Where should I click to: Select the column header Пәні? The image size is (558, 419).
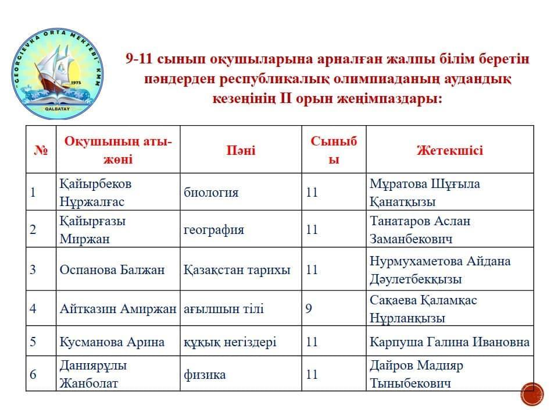coord(241,150)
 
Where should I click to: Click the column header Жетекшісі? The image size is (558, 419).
coord(449,150)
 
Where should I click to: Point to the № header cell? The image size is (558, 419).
coord(41,150)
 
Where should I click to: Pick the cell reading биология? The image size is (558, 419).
coord(211,193)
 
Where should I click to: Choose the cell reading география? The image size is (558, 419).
coord(214,230)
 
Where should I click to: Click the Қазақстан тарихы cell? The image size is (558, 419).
coord(237,270)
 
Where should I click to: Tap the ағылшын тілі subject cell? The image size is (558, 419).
coord(224,309)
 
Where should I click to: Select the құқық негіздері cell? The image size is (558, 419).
coord(230,342)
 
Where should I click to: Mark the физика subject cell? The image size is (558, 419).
coord(205,374)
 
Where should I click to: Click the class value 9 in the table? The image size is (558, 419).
coord(309,309)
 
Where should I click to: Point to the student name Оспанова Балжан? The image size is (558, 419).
coord(112,270)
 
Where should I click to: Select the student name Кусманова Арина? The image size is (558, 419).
coord(112,342)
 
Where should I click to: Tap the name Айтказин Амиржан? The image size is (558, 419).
coord(117,309)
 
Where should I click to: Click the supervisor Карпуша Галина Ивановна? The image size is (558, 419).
coord(449,342)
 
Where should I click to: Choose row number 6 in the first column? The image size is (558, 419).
coord(33,374)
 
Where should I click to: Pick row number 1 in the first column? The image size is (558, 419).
coord(33,193)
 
